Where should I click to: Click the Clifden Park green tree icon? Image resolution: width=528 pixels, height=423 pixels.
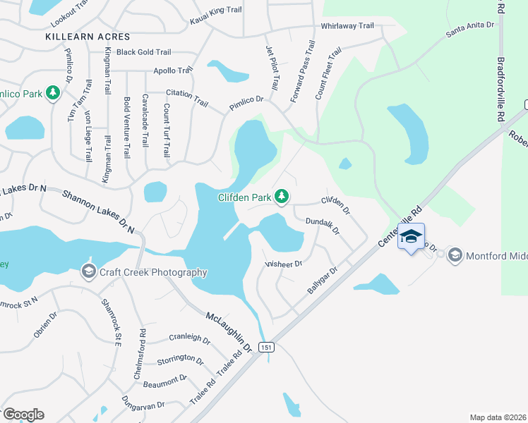point(282,196)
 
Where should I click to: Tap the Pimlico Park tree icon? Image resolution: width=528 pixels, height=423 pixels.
point(52,92)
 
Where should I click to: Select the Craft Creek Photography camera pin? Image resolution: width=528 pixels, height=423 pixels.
point(88,271)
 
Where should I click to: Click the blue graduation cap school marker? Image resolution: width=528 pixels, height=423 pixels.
point(411,236)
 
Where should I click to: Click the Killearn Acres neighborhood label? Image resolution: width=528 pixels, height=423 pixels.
point(88,36)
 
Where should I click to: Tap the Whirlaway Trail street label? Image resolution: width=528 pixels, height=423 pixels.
point(347,26)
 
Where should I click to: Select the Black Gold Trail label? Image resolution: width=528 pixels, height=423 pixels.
point(144,52)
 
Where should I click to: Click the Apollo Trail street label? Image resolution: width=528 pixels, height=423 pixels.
point(174,70)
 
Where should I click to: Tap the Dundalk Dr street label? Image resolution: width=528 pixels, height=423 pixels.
point(323,226)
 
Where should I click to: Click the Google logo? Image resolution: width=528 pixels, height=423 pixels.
point(23,415)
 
